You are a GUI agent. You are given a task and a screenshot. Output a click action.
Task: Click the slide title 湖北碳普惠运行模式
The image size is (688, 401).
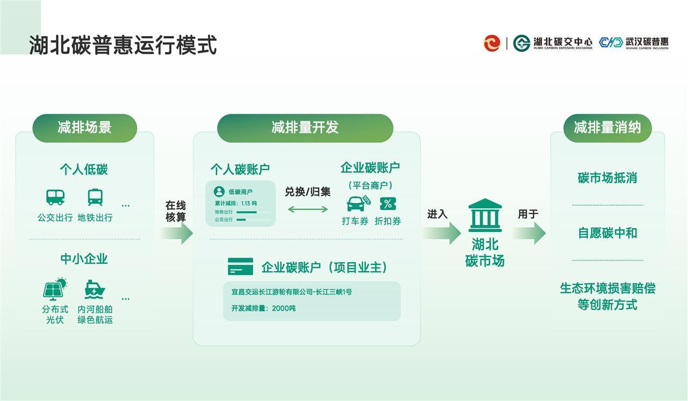click(123, 45)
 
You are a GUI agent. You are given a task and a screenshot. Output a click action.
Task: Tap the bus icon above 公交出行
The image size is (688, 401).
click(55, 197)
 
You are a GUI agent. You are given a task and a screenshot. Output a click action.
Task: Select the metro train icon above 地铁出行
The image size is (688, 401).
click(95, 197)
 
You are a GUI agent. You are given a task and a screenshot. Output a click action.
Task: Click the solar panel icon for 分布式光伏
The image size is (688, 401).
click(55, 289)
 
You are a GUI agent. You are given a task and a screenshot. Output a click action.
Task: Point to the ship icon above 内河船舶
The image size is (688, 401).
click(95, 290)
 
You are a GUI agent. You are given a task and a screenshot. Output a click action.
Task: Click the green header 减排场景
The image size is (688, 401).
click(84, 128)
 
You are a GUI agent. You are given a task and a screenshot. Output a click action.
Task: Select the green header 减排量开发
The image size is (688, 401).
click(305, 128)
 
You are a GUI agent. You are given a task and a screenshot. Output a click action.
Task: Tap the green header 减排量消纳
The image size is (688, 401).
click(607, 128)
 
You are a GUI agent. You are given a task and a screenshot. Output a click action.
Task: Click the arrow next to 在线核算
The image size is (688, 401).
click(177, 233)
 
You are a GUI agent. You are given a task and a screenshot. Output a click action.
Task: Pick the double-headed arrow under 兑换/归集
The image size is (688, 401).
click(307, 209)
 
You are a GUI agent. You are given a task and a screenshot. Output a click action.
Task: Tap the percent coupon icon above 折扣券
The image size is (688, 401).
click(388, 203)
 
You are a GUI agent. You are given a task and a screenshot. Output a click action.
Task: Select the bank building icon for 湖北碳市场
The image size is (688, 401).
click(485, 215)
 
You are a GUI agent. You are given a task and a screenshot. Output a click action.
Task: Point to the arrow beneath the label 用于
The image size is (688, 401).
click(529, 233)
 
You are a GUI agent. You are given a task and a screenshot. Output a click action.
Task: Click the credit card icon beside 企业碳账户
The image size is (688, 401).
click(240, 266)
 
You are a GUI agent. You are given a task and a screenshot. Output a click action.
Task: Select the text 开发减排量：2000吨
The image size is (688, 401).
click(263, 308)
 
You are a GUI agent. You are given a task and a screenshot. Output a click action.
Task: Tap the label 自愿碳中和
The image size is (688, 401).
click(607, 233)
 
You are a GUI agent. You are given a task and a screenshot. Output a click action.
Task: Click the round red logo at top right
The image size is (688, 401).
click(492, 43)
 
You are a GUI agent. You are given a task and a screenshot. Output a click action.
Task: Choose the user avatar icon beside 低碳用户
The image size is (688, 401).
click(219, 192)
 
